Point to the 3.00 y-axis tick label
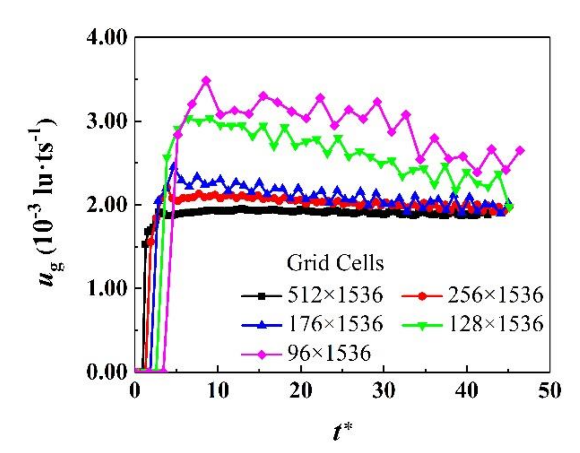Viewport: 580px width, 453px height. click(107, 122)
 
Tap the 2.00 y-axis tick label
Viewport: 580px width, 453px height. click(107, 205)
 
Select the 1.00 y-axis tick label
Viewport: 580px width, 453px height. click(107, 289)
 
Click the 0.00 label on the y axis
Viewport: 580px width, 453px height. click(107, 372)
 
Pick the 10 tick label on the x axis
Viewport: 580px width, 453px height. click(218, 391)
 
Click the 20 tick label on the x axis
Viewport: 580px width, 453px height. click(301, 391)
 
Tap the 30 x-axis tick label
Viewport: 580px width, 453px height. click(384, 391)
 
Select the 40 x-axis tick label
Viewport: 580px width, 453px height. click(468, 391)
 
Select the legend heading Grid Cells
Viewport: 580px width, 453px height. click(335, 263)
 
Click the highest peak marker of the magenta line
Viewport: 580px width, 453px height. click(206, 80)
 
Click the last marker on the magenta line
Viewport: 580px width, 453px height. click(520, 151)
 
